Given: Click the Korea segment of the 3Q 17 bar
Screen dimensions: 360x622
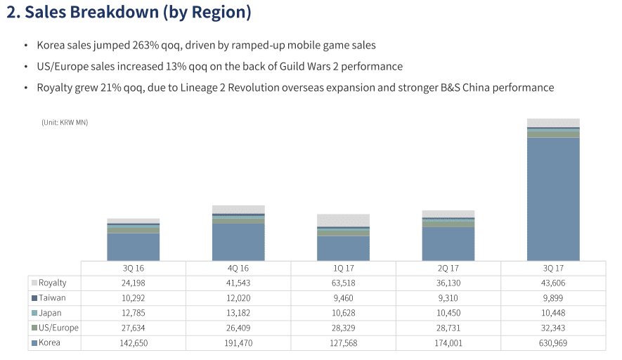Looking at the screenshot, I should [x=553, y=199].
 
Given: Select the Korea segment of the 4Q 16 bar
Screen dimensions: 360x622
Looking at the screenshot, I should [x=238, y=242].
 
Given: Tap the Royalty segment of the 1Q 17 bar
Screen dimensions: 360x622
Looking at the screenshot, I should [x=343, y=220].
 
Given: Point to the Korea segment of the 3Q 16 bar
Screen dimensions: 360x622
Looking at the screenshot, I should [x=134, y=247].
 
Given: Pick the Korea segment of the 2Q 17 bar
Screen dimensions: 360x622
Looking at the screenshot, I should [x=448, y=243].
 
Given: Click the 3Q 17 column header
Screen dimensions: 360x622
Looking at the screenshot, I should [x=553, y=268].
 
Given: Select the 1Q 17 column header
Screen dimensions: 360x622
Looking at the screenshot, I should [x=343, y=268].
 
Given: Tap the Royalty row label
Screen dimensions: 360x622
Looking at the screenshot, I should [x=53, y=283].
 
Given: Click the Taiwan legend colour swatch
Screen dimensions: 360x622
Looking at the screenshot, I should [x=34, y=298].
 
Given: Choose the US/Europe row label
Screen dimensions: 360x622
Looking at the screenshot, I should [x=59, y=328].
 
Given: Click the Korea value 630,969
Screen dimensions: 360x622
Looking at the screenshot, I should [x=553, y=343].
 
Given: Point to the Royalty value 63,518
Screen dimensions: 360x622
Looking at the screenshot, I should [x=343, y=283].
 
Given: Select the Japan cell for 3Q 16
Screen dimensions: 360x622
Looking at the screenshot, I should [x=134, y=313].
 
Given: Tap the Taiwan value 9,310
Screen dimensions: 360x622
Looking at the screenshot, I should [x=448, y=298].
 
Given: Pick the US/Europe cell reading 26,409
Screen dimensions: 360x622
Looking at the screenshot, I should [x=238, y=328].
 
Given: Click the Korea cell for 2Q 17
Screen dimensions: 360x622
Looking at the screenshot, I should [x=448, y=343].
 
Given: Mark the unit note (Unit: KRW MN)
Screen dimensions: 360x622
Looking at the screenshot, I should [x=65, y=122].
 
